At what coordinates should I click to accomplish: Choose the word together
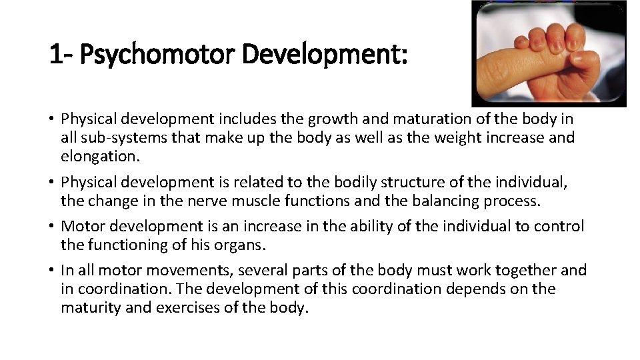[526, 270]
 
